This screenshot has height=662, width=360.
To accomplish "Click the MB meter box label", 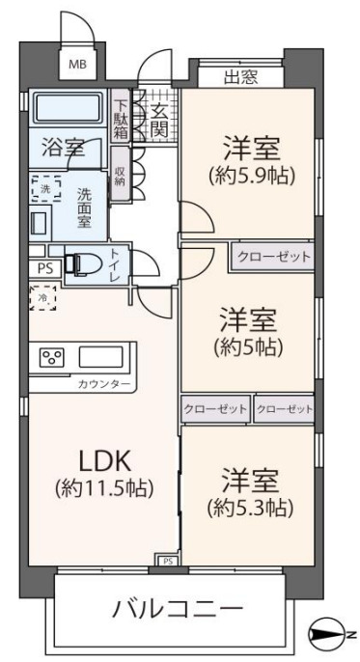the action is pyautogui.click(x=77, y=65).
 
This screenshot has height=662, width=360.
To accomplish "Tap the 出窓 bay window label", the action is pyautogui.click(x=241, y=77).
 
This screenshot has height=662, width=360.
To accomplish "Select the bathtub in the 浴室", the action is pyautogui.click(x=68, y=108).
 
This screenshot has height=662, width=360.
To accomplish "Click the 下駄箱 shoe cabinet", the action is pyautogui.click(x=121, y=115).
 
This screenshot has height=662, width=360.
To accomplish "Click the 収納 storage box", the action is pyautogui.click(x=120, y=174).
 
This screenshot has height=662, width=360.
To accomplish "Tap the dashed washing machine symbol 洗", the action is pyautogui.click(x=46, y=189).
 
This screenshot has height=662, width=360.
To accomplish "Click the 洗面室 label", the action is pyautogui.click(x=84, y=207).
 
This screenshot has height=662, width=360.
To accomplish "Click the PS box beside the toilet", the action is pyautogui.click(x=45, y=269).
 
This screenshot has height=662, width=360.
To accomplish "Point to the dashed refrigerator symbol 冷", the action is pyautogui.click(x=42, y=298).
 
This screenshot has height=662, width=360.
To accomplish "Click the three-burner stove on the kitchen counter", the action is pyautogui.click(x=51, y=358).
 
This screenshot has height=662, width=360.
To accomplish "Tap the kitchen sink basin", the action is pyautogui.click(x=101, y=357).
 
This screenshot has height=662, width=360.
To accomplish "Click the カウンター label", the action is pyautogui.click(x=104, y=385).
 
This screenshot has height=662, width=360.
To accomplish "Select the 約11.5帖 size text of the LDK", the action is pyautogui.click(x=104, y=489).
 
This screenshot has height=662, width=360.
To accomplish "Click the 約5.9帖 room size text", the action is pyautogui.click(x=251, y=176).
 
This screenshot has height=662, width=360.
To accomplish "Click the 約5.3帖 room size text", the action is pyautogui.click(x=250, y=509).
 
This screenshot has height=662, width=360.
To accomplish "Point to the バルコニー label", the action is pyautogui.click(x=178, y=609).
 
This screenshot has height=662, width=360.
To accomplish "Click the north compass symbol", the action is pyautogui.click(x=326, y=634).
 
